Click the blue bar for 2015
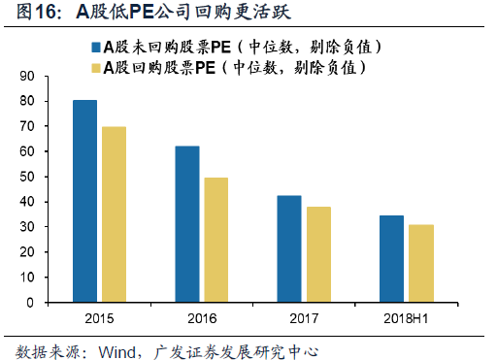(84, 201)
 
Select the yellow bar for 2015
(114, 214)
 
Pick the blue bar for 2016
(187, 224)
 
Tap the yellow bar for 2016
(216, 240)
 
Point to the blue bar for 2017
(289, 248)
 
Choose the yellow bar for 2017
(318, 254)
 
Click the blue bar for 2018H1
(391, 259)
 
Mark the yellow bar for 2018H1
(421, 264)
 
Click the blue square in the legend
(96, 48)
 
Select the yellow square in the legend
(96, 68)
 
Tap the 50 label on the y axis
(26, 177)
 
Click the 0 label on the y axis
(30, 303)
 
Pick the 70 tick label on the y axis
(26, 126)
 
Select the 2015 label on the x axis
(99, 318)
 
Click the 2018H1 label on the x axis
(406, 318)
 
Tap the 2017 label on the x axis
(304, 318)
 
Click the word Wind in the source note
(117, 352)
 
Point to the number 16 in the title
(46, 12)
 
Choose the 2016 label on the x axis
(202, 318)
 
